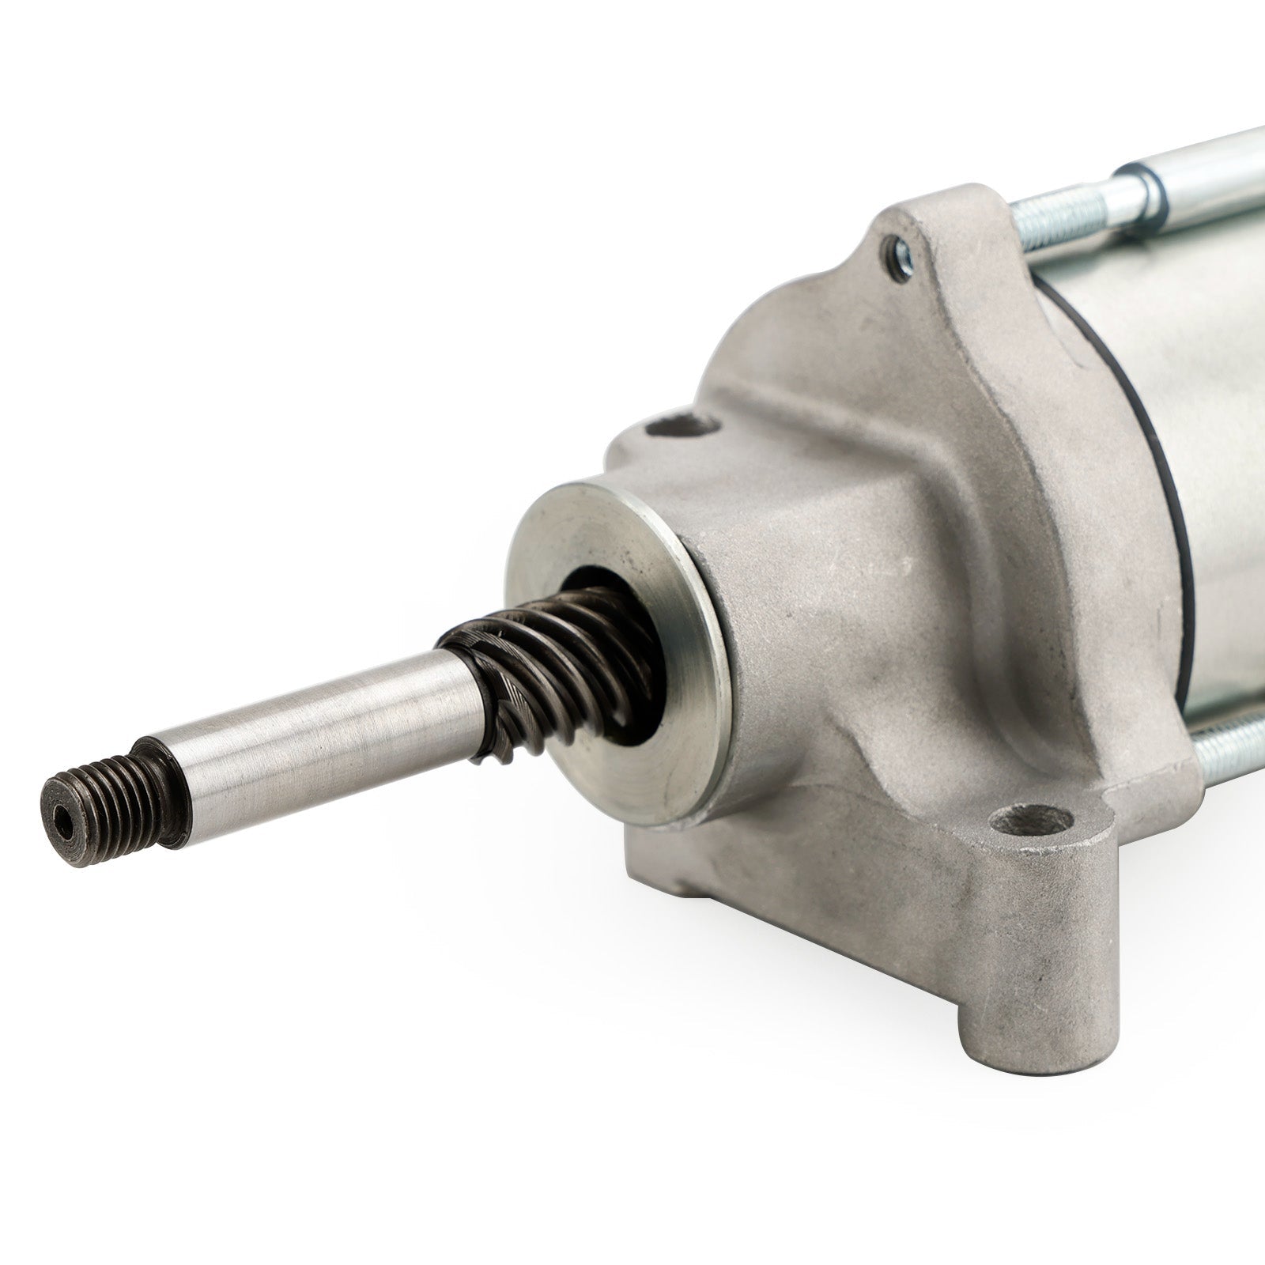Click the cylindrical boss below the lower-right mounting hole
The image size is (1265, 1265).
[x=1028, y=949]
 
